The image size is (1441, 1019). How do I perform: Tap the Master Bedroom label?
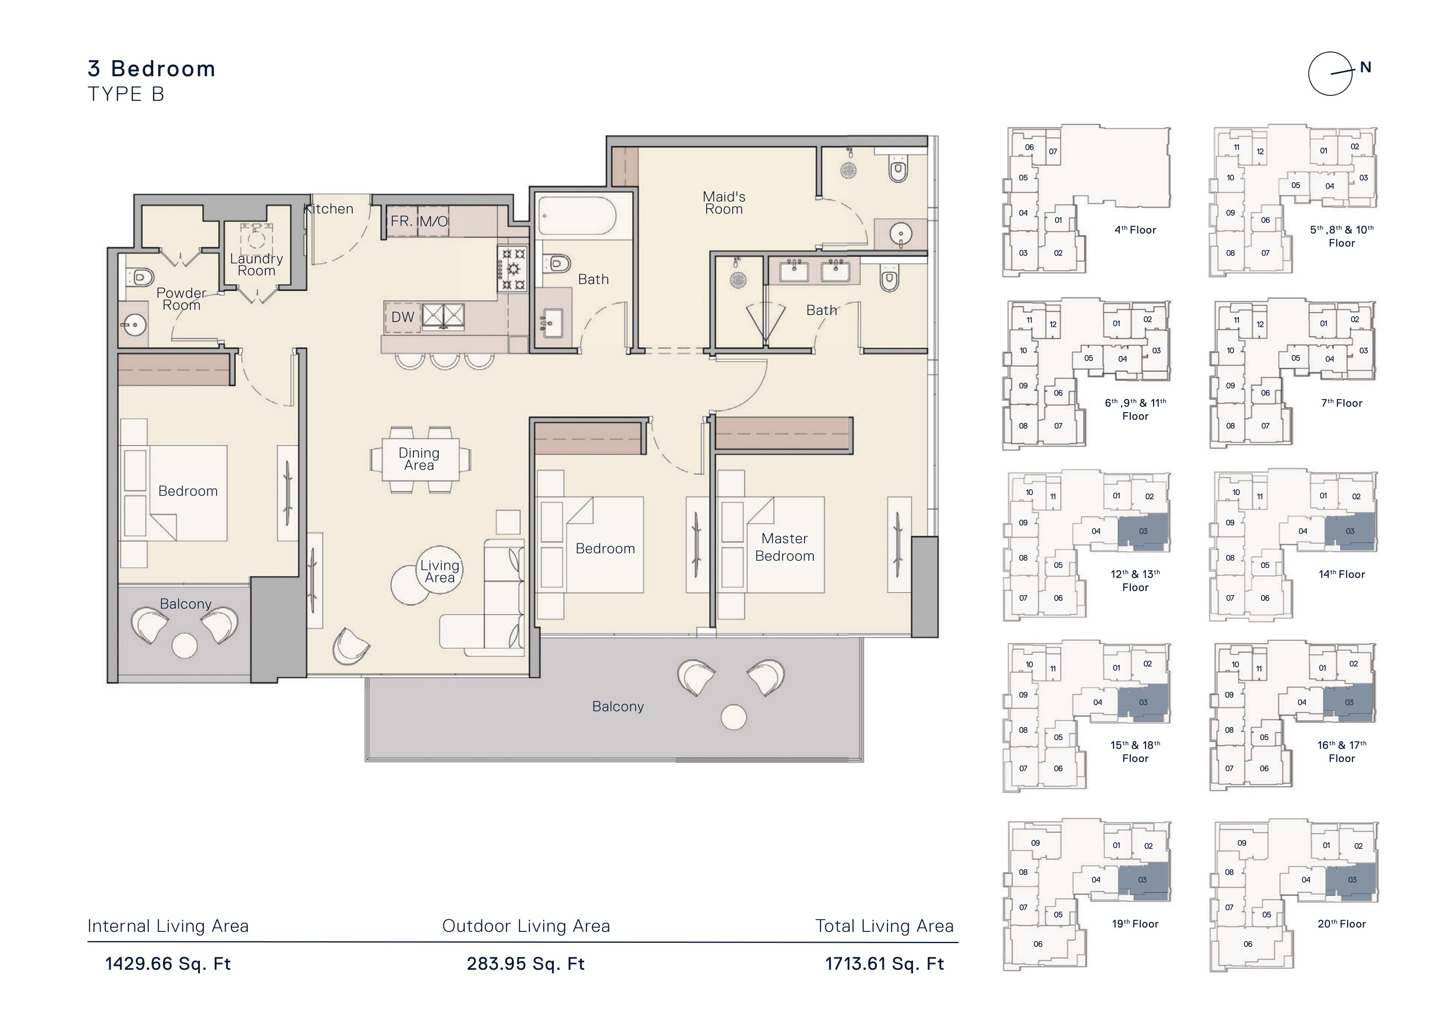point(785,547)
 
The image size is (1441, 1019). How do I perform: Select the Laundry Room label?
point(256,264)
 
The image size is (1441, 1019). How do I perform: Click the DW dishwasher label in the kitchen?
point(403,317)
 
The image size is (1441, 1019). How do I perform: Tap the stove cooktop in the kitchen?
point(513,269)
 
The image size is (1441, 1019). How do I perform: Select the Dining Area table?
point(420,460)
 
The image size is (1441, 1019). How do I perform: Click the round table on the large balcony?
point(734,717)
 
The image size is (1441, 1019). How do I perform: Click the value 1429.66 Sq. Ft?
point(168,964)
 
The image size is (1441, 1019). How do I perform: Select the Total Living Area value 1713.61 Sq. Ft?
point(884,964)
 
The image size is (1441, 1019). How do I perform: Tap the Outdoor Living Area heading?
point(526,926)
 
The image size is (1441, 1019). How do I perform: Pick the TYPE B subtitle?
point(126,94)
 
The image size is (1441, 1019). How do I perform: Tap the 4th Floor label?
point(1135,230)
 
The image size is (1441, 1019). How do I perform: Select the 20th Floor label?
point(1342,924)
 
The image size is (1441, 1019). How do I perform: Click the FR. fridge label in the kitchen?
point(401,221)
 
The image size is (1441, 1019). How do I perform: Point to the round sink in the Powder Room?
point(132,325)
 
